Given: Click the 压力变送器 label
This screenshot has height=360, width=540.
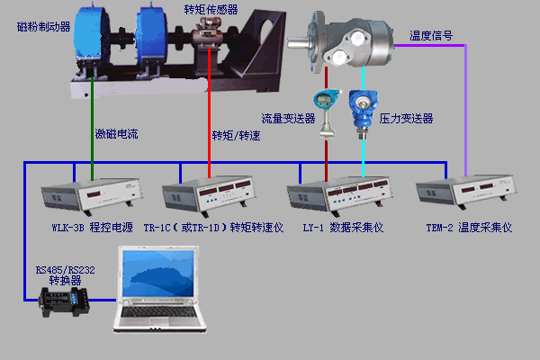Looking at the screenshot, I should pyautogui.click(x=406, y=118).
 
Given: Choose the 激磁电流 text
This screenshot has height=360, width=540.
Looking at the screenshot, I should pyautogui.click(x=117, y=135).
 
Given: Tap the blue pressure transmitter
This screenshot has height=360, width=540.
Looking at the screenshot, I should pyautogui.click(x=364, y=109).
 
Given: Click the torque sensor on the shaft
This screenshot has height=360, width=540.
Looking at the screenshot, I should pyautogui.click(x=209, y=40).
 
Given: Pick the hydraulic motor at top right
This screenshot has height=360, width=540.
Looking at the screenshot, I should pyautogui.click(x=351, y=40).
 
